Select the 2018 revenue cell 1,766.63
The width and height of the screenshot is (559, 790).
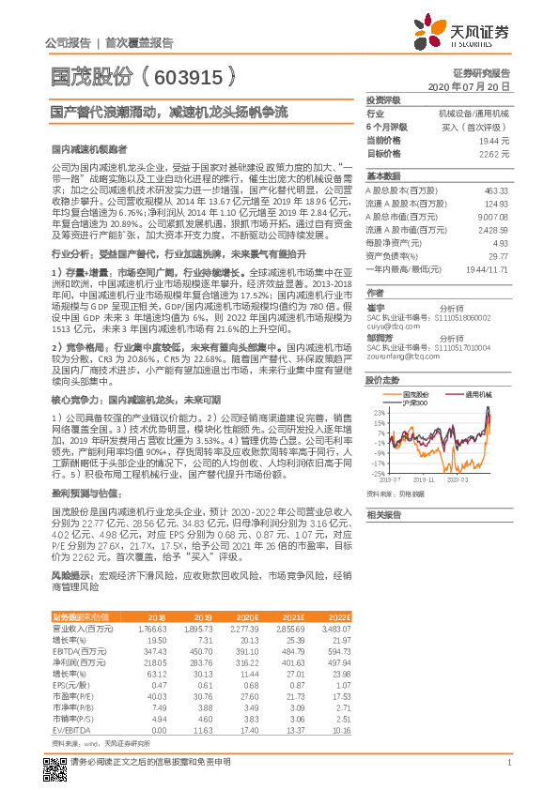(x=151, y=628)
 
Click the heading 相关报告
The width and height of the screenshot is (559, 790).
(x=383, y=514)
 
